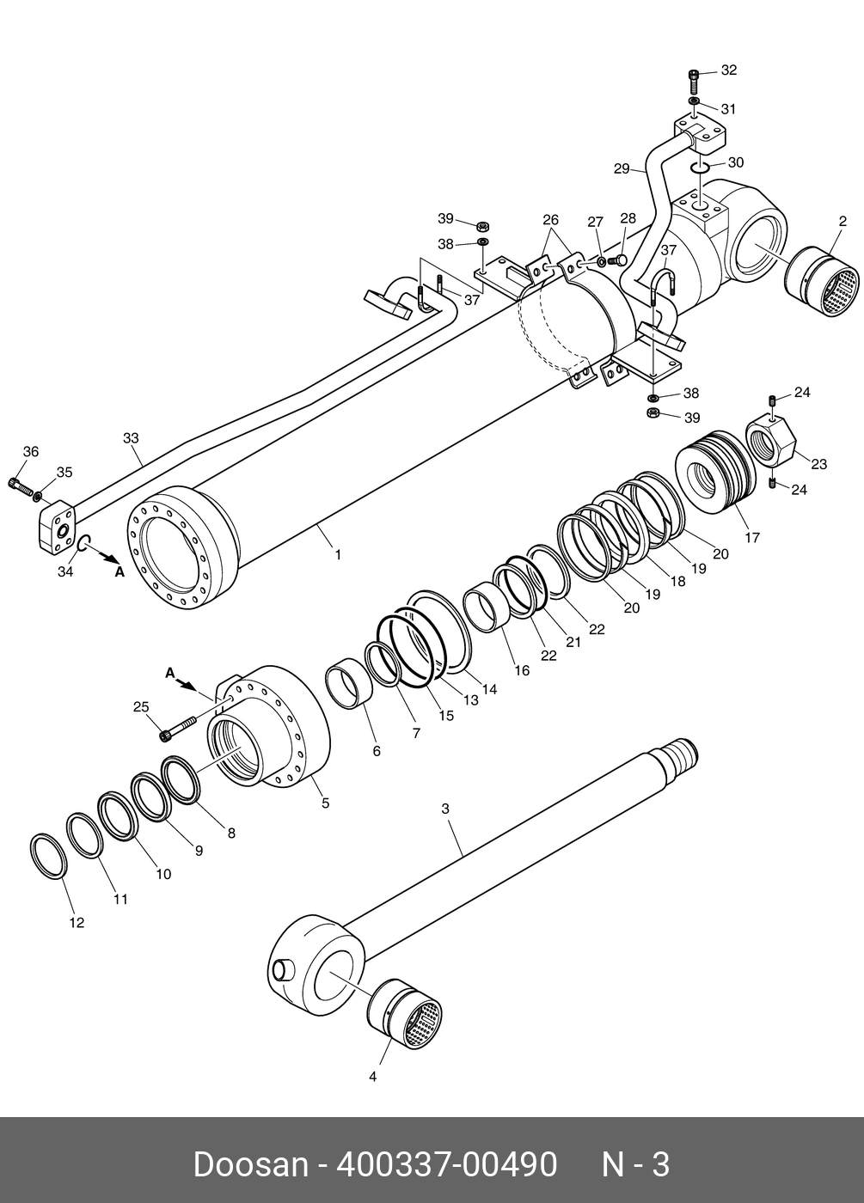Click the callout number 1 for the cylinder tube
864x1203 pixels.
(x=338, y=555)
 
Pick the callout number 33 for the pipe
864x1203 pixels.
(x=130, y=437)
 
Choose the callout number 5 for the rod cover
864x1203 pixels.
(x=325, y=803)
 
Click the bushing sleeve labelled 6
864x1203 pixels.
(x=349, y=685)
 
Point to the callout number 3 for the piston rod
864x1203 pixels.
(x=445, y=809)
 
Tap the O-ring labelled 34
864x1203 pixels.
(x=85, y=543)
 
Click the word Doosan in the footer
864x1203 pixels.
(x=250, y=1164)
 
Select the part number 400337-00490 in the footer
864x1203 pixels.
(x=447, y=1164)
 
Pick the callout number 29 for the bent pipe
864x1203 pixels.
(x=622, y=169)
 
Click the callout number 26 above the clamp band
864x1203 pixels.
(x=550, y=220)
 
